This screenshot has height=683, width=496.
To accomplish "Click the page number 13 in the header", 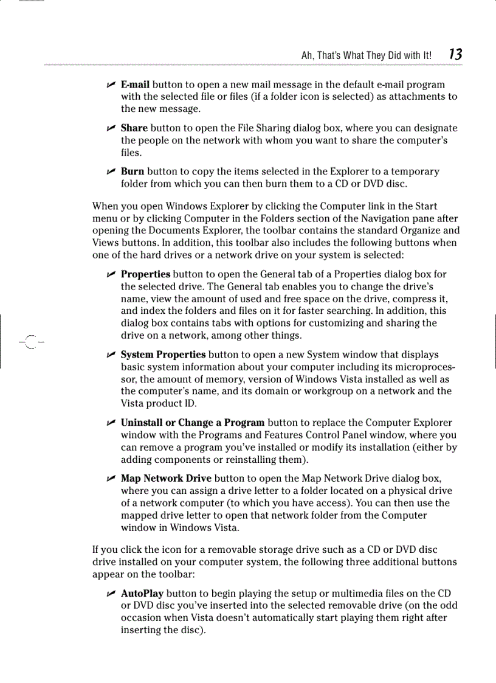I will pyautogui.click(x=455, y=55).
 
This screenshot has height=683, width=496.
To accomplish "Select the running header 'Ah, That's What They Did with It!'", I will pyautogui.click(x=367, y=55).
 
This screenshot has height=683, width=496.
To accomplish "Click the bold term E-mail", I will pyautogui.click(x=135, y=85).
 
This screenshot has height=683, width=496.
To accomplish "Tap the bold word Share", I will pyautogui.click(x=134, y=128).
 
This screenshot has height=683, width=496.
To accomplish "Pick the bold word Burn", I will pyautogui.click(x=132, y=172).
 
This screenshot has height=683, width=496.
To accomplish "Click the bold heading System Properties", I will pyautogui.click(x=163, y=355).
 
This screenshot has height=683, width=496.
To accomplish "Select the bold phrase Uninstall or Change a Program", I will pyautogui.click(x=192, y=423).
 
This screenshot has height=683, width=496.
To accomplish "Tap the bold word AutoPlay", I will pyautogui.click(x=142, y=594).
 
